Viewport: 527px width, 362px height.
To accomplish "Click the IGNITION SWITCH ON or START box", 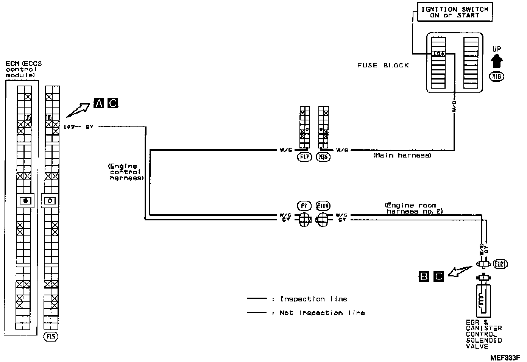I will [x=455, y=12].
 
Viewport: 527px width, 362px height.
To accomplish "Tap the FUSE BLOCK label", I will [x=383, y=65].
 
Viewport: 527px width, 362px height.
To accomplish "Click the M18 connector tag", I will [x=497, y=77].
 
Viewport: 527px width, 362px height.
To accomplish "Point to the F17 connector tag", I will [x=304, y=157].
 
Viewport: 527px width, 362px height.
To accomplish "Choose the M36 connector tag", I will [x=323, y=157].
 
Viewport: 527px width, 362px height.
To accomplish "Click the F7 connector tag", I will [x=304, y=206].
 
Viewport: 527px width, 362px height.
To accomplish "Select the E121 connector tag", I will [x=500, y=264].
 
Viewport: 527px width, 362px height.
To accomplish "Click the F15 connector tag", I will [x=51, y=336].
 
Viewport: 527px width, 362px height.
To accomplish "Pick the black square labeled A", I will [x=98, y=103].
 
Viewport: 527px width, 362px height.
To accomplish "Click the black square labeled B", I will [x=424, y=276].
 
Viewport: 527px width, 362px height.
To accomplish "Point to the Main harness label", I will [x=402, y=155].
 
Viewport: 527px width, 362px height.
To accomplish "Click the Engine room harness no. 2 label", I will [x=414, y=208].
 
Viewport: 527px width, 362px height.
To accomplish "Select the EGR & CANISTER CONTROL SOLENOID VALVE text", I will [x=483, y=334].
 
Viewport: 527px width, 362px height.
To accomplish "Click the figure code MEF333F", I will [x=505, y=357].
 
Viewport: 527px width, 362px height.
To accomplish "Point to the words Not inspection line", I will [x=322, y=313].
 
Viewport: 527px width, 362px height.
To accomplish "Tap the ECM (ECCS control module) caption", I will [x=23, y=69].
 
